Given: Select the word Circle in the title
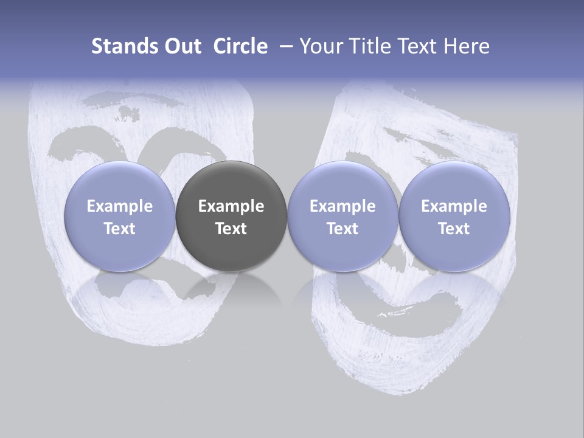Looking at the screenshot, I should click(240, 46).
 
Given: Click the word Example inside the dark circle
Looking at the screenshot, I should click(231, 206).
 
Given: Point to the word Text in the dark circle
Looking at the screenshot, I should click(231, 229).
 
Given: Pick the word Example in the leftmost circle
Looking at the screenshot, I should click(119, 206).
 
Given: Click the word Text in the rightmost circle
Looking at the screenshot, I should click(454, 229).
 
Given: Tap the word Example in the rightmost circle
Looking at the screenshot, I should click(454, 206).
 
